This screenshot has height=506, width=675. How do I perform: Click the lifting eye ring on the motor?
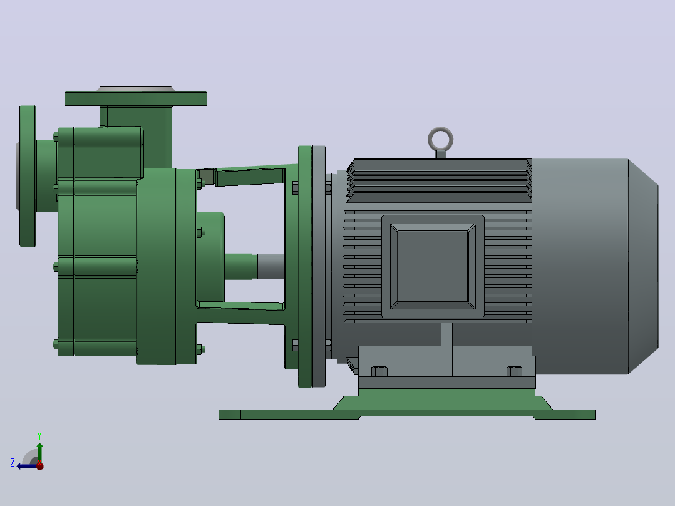(440, 129)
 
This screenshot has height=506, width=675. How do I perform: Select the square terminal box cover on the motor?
(433, 267)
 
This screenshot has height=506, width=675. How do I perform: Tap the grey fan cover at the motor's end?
(595, 267)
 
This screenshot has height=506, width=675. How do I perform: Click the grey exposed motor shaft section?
(271, 267)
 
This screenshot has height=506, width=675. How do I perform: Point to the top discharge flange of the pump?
(136, 98)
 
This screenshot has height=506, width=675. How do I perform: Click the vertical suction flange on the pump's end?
(28, 176)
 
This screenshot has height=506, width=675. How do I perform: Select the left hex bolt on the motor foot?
(379, 371)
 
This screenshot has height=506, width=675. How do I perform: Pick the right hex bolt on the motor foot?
(515, 371)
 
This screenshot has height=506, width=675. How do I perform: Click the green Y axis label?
(39, 435)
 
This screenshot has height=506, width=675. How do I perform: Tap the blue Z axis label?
(13, 463)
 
